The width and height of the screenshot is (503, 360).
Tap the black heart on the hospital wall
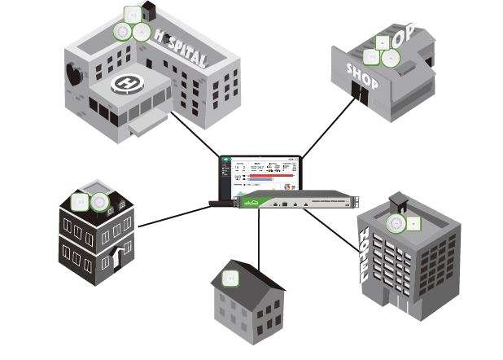(75, 74)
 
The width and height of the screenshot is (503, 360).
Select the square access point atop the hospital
(132, 13)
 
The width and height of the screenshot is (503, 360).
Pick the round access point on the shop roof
(391, 58)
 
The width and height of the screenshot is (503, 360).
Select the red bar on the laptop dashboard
(269, 174)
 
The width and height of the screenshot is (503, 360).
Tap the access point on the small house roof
(230, 278)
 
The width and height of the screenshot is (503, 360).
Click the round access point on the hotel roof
(396, 222)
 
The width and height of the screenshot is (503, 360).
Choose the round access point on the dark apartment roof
(99, 201)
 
